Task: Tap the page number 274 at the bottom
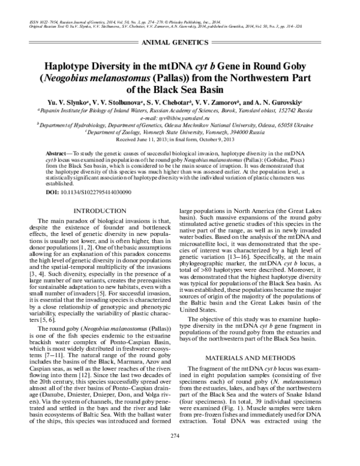[x=180, y=452]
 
